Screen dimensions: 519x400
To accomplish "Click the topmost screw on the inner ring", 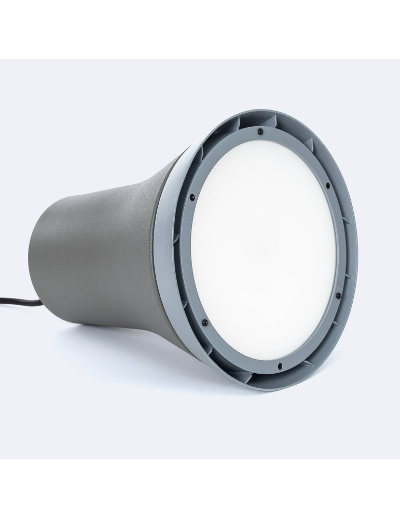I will coord(260,131).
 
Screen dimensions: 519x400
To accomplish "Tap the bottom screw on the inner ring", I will coord(280,367).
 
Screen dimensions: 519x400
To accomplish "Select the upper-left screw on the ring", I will coord(192,197).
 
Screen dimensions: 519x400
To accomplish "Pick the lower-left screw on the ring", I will coord(205,323).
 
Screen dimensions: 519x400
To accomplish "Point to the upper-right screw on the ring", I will coord(328,185).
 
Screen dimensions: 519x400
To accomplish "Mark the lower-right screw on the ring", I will coord(338,295).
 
